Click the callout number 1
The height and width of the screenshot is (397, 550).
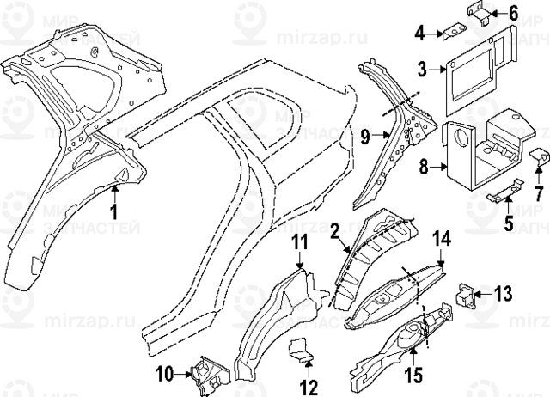[113, 210]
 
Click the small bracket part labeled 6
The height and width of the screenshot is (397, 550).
[481, 12]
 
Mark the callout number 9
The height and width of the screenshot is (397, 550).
[364, 135]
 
